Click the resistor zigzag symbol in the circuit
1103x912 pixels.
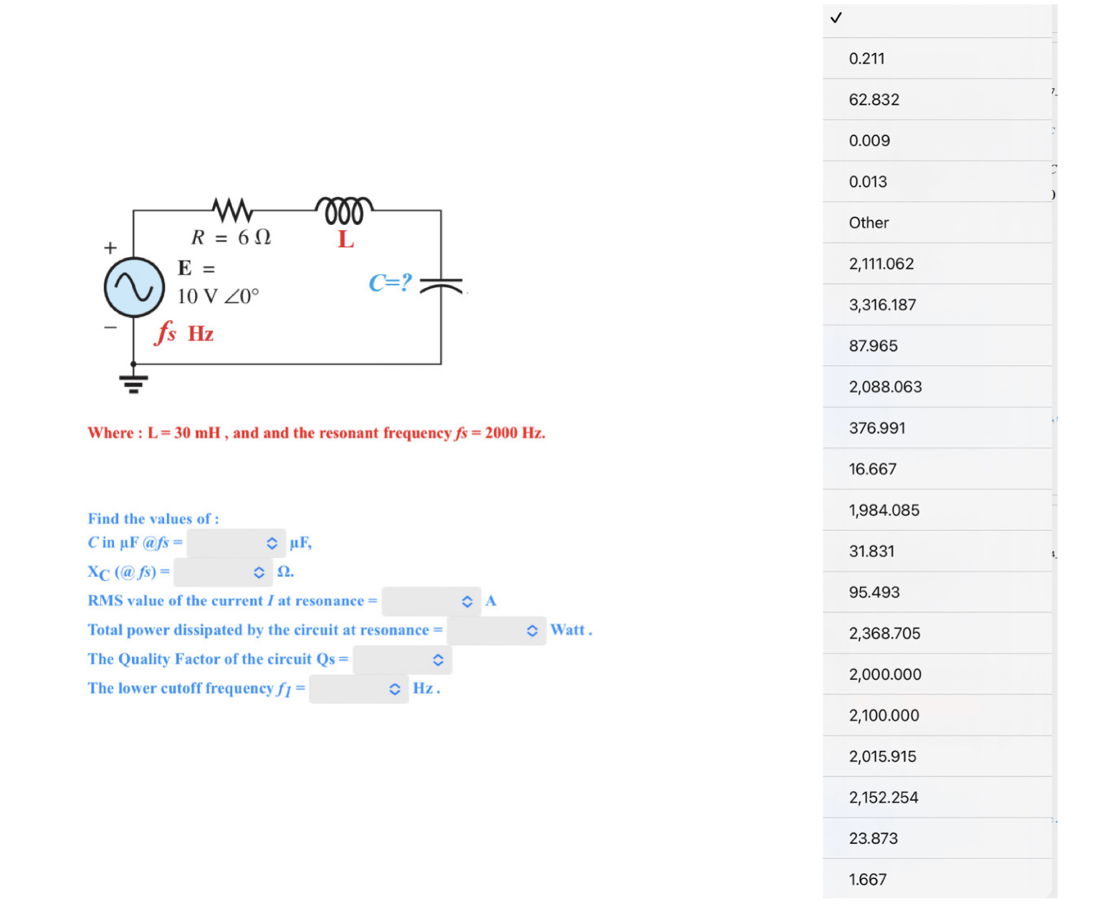tap(232, 210)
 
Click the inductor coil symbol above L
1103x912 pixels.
tap(344, 210)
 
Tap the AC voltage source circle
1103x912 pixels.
tap(134, 287)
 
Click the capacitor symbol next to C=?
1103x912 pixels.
tap(441, 287)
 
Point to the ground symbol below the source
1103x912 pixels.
tap(133, 383)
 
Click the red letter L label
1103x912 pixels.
tap(345, 239)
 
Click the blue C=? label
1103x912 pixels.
tap(390, 283)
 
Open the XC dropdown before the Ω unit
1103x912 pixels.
tap(223, 572)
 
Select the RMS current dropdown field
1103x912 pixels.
tap(431, 601)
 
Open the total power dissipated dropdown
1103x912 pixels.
tap(496, 630)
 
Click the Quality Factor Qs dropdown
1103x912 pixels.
tap(402, 660)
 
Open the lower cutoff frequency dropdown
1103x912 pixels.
tap(358, 689)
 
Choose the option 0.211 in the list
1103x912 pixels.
tap(866, 59)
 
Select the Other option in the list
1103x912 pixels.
tap(869, 223)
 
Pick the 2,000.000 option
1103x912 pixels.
tap(885, 674)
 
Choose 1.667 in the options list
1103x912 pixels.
tap(867, 879)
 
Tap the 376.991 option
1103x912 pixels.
tap(877, 428)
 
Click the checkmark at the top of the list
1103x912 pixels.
tap(836, 18)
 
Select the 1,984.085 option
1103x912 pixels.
tap(884, 510)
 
